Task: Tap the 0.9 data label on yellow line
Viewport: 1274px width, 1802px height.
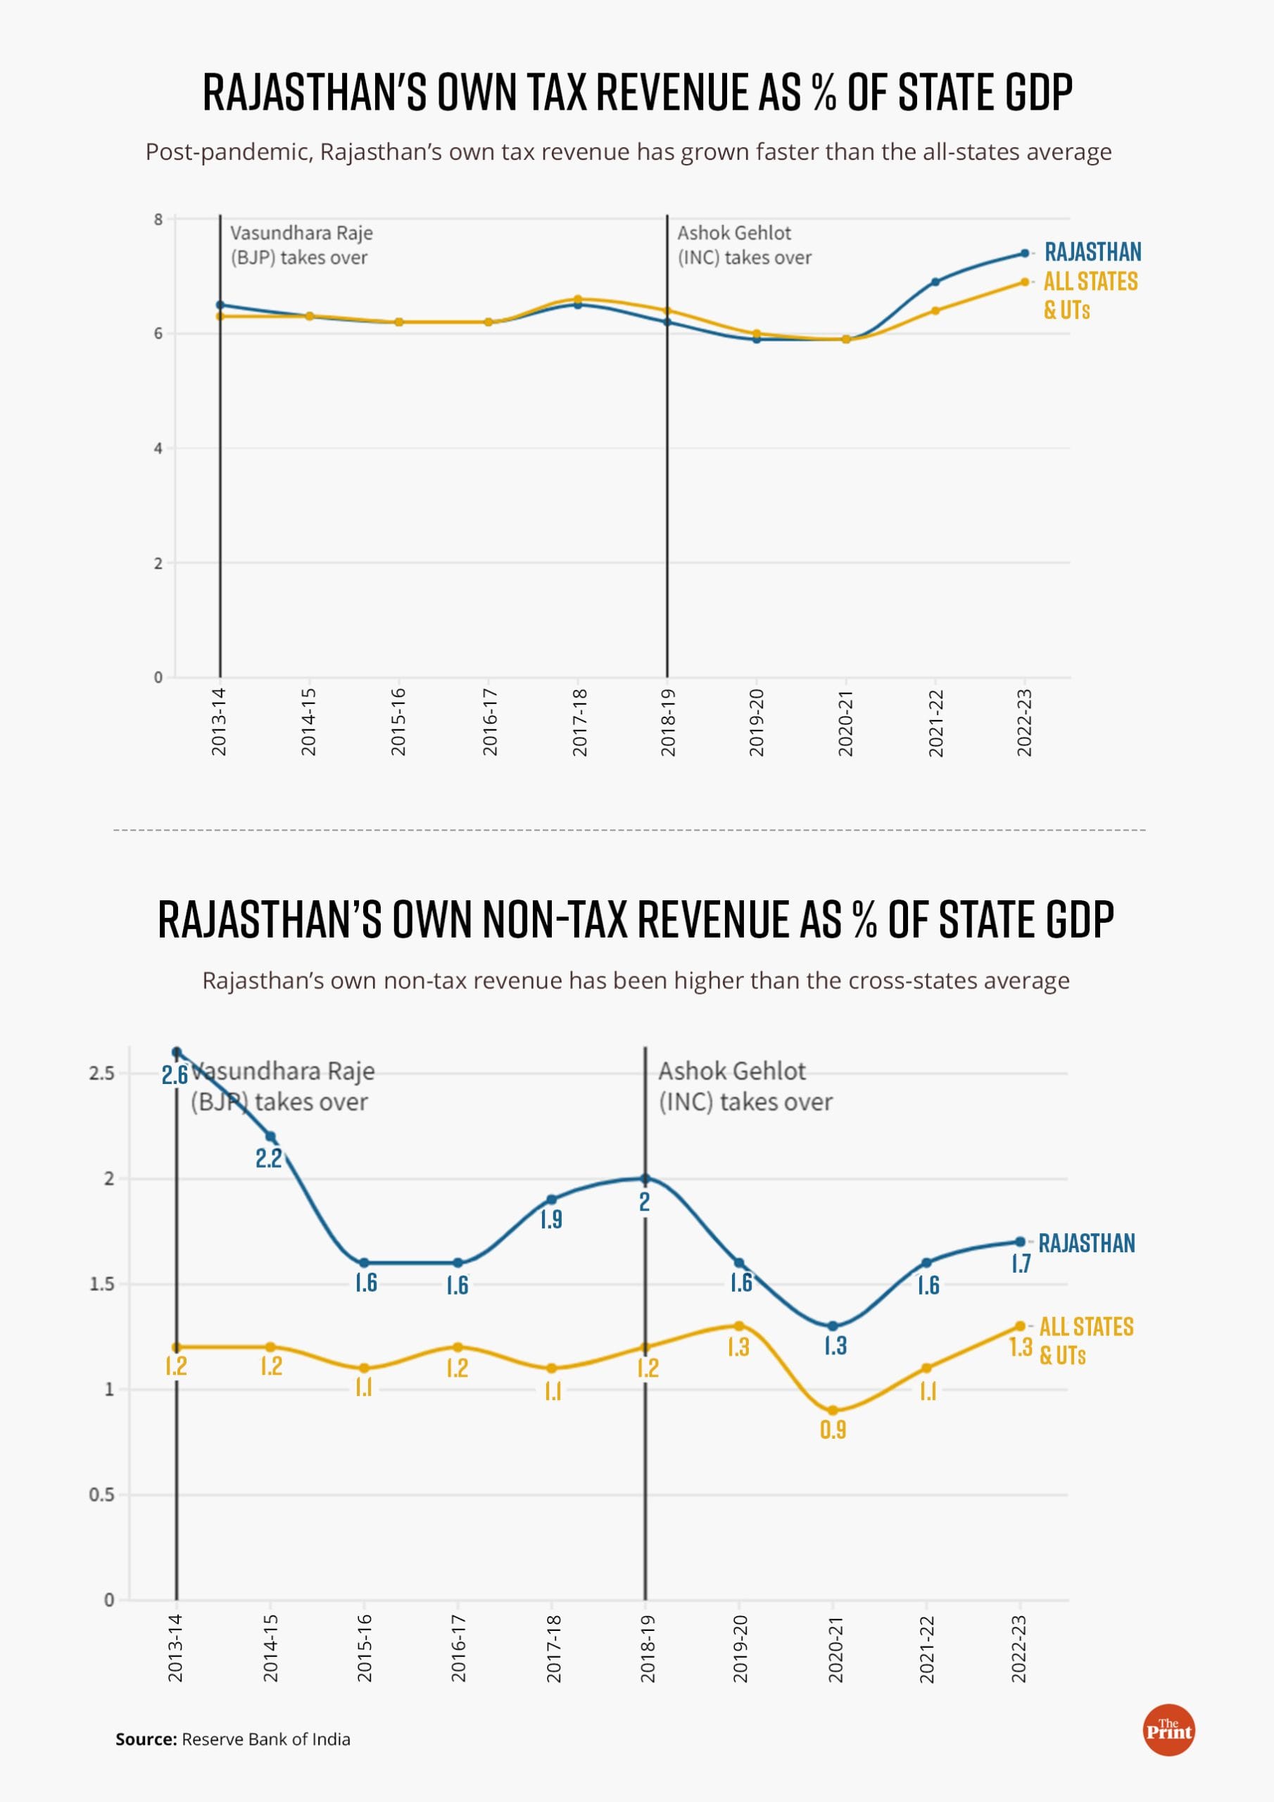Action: [833, 1430]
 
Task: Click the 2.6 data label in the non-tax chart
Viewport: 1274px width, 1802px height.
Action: [175, 1074]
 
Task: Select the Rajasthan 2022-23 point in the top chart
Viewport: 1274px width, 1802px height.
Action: [1024, 253]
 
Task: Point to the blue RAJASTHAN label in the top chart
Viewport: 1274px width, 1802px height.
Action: [1092, 252]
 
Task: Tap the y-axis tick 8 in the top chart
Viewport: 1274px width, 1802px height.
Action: [158, 219]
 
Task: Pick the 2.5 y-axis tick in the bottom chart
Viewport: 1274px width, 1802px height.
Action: [102, 1073]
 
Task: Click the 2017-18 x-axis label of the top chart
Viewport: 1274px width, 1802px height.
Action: [579, 722]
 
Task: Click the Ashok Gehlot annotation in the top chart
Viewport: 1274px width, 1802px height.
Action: [743, 245]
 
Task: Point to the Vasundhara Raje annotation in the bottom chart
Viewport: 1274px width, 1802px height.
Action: [282, 1086]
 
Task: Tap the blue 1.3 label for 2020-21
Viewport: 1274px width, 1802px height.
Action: [835, 1346]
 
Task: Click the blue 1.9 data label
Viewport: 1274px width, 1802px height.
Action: [551, 1219]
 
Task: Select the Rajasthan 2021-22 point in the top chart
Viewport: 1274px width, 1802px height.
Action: [935, 282]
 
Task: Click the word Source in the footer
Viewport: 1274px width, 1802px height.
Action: [146, 1739]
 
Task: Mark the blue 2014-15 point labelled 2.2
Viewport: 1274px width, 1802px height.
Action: [270, 1136]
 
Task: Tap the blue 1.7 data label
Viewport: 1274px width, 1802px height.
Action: [1021, 1264]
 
